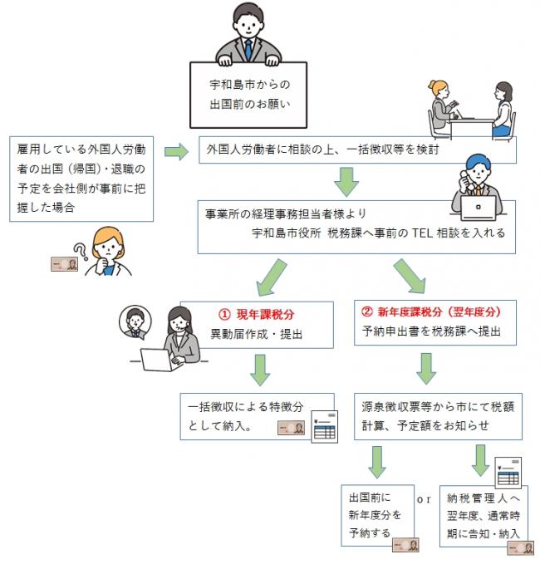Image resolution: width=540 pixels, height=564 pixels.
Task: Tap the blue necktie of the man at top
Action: coord(248,49)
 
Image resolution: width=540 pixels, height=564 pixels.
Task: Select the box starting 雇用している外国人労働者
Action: coord(82,178)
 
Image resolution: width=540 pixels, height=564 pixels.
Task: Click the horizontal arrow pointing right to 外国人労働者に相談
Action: coord(177,152)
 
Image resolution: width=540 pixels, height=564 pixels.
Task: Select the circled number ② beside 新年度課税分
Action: coord(369,315)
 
